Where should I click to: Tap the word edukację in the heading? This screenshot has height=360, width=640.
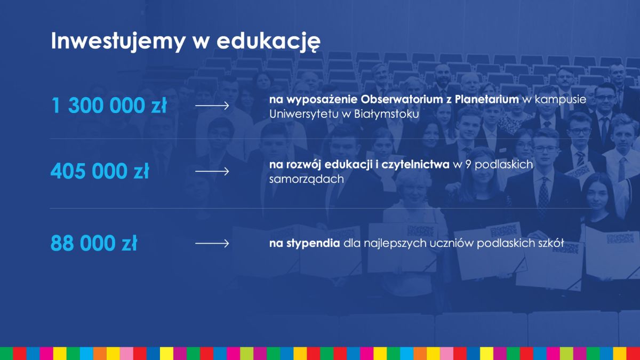click(269, 42)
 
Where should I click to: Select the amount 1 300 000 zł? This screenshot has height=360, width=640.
click(109, 105)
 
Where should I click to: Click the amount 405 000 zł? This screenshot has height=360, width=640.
click(100, 171)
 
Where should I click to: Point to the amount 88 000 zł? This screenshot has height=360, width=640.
click(94, 243)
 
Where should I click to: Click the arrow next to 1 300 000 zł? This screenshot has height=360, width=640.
click(212, 106)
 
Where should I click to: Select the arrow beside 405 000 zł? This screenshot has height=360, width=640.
click(212, 171)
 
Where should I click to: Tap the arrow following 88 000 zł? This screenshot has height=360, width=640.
click(212, 243)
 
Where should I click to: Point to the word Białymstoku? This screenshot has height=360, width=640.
click(387, 114)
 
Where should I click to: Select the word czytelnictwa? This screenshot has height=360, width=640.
click(415, 165)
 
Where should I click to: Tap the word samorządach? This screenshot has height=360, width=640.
click(306, 179)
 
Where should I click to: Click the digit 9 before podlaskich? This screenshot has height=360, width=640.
click(468, 165)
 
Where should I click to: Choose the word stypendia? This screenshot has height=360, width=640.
click(313, 243)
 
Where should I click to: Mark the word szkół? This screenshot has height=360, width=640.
click(551, 243)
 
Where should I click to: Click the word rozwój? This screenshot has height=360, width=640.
click(303, 165)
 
